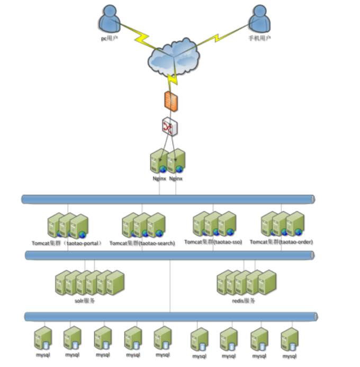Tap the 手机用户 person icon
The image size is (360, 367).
point(259,20)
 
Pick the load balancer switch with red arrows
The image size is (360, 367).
point(170,127)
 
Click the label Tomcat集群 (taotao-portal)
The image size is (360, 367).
point(67,243)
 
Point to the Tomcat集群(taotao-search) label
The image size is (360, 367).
point(142,243)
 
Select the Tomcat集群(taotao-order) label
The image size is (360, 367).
point(281,241)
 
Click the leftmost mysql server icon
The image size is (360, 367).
point(43,338)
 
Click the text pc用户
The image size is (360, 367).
point(109,38)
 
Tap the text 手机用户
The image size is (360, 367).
point(259,38)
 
